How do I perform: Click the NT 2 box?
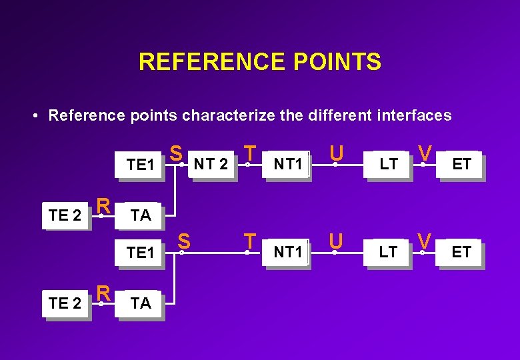pos(211,164)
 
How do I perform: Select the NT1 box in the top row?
pos(288,164)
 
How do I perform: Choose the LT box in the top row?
pos(388,164)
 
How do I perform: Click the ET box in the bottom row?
pos(461,252)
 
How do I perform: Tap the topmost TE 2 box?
pos(65,215)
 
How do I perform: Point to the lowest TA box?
pos(141,303)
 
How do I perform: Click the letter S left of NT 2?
pos(175,153)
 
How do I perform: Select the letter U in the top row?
pos(337,153)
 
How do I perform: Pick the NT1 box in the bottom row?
pos(288,252)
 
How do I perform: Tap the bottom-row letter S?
pos(184,241)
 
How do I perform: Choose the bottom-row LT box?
pos(388,252)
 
